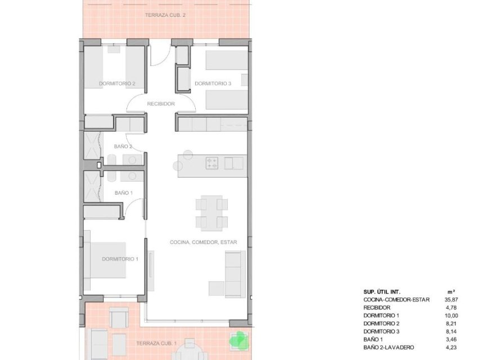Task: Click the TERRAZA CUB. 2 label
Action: [165, 15]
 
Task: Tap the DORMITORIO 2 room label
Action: [117, 84]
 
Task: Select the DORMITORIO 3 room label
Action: [213, 84]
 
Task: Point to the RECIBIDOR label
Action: [161, 104]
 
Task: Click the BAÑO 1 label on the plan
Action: [123, 193]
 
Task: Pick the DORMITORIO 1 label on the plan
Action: [120, 259]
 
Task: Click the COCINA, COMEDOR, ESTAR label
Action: [204, 242]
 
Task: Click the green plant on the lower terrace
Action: [238, 339]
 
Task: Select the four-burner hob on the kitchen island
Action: [213, 163]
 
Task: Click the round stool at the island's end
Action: [178, 166]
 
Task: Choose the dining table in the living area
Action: [212, 213]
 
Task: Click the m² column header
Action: [451, 291]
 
